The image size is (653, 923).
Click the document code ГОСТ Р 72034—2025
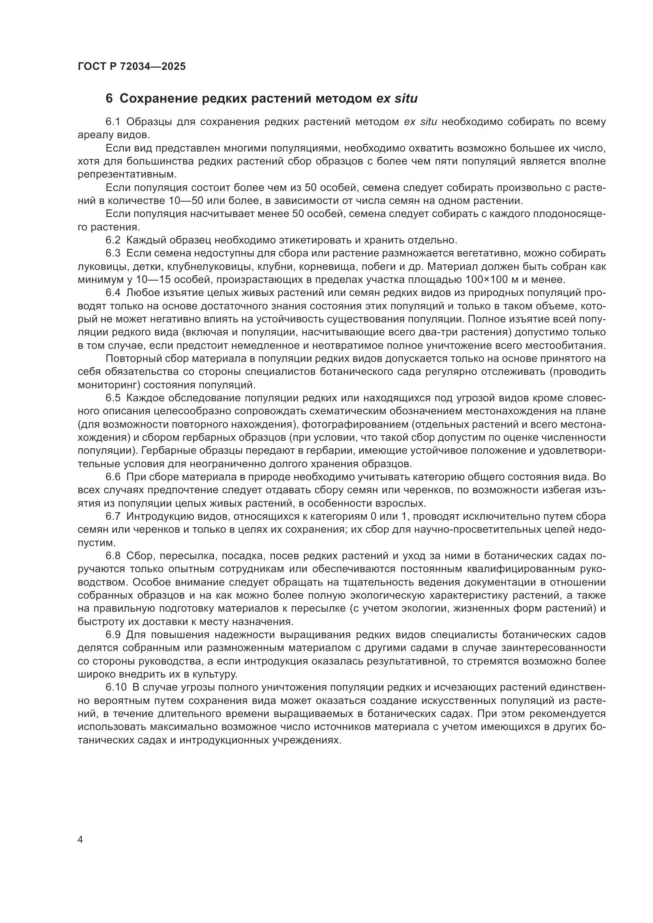click(132, 66)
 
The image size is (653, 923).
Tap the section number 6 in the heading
click(109, 99)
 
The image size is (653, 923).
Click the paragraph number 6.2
click(113, 240)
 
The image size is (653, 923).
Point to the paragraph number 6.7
click(113, 516)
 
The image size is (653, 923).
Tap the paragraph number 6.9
click(113, 635)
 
